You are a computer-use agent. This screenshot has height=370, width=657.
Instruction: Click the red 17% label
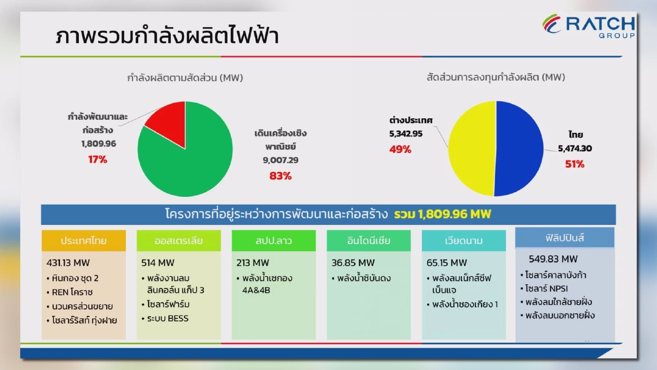coord(98,160)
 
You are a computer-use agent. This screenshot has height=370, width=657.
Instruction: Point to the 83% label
coord(280,176)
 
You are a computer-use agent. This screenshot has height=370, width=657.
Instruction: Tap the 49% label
coord(400,150)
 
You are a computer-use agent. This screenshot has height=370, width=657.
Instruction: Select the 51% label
coord(571,164)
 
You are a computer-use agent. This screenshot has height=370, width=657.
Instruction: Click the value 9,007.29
coord(281,161)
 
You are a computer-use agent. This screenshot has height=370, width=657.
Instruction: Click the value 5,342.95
coord(406,134)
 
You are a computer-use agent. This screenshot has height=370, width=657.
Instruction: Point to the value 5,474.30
coord(575,149)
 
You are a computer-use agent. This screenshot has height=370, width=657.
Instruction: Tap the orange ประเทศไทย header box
coord(84,241)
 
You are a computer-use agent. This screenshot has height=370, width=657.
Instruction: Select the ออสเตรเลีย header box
coord(178,241)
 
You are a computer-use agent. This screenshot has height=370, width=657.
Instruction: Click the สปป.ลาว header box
coord(274,241)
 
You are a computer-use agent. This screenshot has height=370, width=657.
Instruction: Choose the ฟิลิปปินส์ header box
coord(565,238)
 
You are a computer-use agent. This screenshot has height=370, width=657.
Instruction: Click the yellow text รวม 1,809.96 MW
coord(442,215)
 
